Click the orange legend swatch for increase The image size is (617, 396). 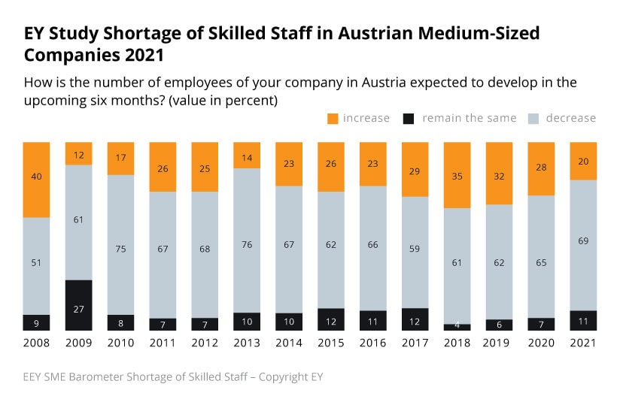(333, 118)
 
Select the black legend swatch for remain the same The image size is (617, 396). (409, 118)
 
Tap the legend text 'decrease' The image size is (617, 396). (570, 118)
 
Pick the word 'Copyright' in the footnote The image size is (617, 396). (282, 376)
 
